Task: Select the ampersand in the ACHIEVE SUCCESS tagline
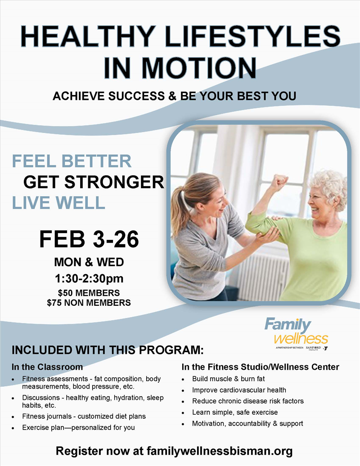coord(172,96)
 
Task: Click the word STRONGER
coord(114,182)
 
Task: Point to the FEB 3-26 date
coord(89,239)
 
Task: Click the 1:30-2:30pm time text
coord(89,278)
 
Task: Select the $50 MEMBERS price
coord(89,293)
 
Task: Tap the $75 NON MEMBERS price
coord(89,303)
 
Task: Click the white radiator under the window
coord(263,276)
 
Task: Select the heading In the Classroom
coord(47,367)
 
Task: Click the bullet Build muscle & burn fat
coord(228,379)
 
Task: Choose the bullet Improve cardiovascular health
coord(239,390)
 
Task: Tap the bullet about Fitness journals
coord(84,416)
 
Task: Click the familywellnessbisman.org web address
coord(220,451)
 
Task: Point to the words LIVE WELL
coord(58,203)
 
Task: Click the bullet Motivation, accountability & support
coord(247,424)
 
